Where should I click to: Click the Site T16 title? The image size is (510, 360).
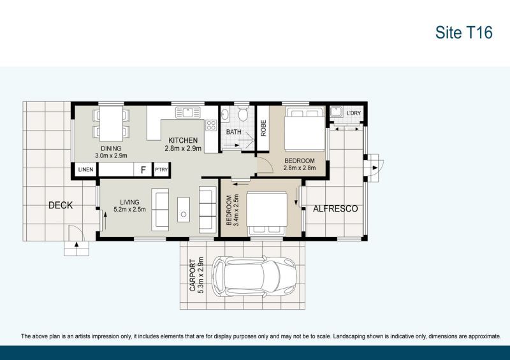click(463, 32)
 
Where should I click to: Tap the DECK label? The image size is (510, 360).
click(61, 205)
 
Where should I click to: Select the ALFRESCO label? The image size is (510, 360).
click(335, 208)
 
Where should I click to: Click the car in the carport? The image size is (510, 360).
click(254, 278)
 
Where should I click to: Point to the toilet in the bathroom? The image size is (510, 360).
click(243, 115)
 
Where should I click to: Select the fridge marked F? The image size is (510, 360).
click(143, 170)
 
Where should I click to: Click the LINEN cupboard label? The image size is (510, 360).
click(85, 170)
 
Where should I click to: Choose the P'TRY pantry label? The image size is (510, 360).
click(161, 170)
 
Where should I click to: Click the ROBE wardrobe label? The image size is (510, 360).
click(262, 128)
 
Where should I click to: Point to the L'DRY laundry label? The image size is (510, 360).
click(354, 114)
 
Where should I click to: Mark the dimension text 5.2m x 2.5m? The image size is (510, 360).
click(129, 209)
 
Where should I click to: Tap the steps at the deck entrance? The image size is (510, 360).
click(75, 247)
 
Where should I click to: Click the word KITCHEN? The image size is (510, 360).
click(183, 140)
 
